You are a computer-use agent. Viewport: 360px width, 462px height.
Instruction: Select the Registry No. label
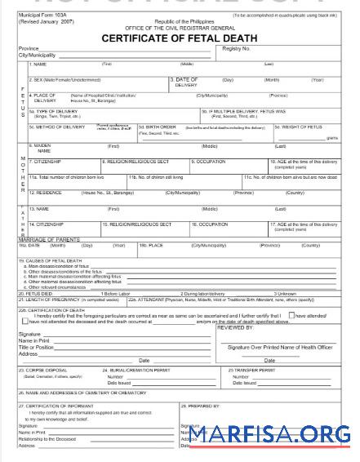(x=236, y=49)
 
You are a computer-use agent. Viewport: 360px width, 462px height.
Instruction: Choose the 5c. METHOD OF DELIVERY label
(x=56, y=127)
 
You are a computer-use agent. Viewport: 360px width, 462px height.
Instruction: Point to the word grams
(x=331, y=138)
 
